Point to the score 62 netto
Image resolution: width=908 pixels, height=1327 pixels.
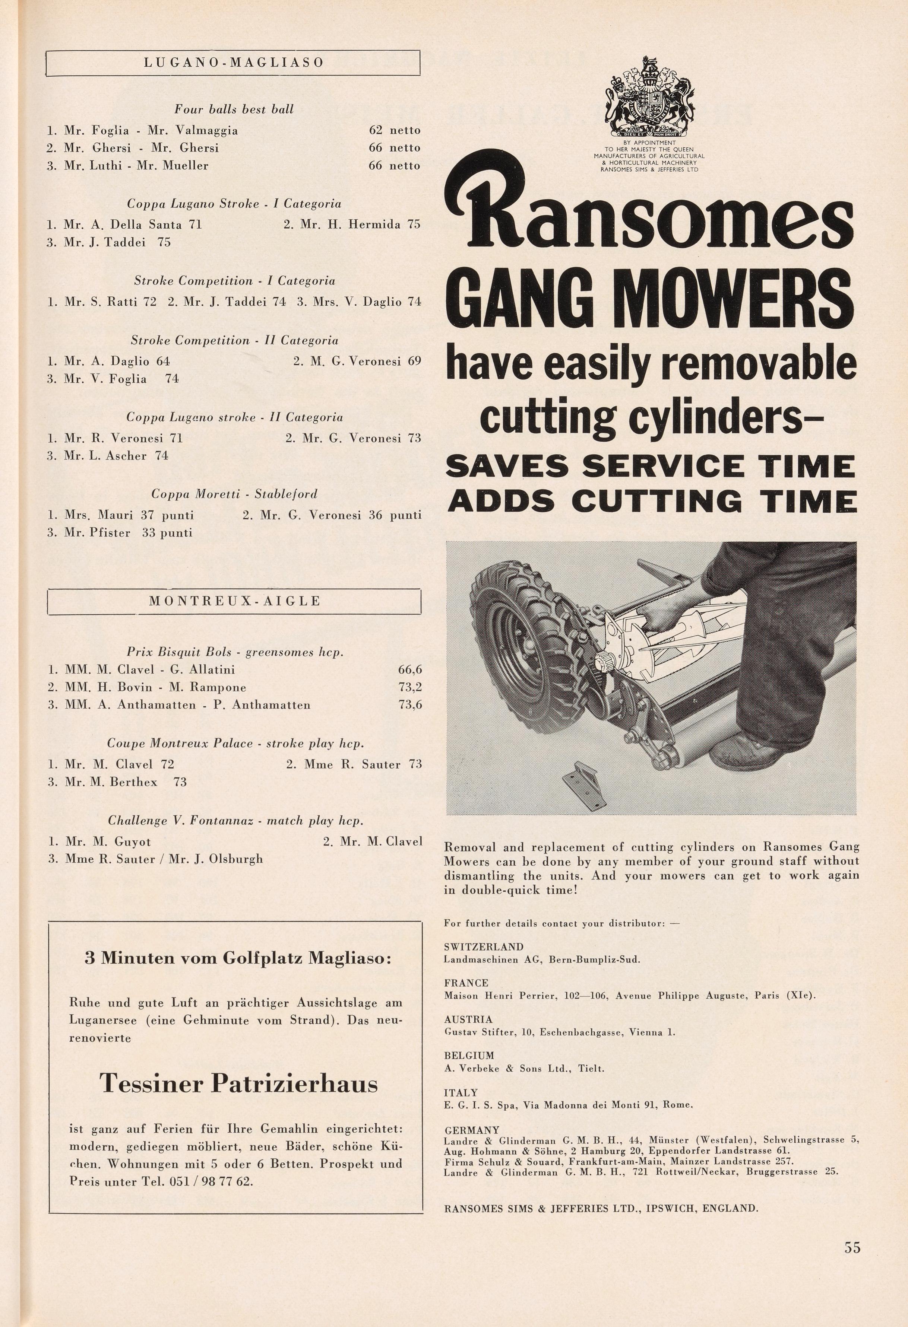pos(394,130)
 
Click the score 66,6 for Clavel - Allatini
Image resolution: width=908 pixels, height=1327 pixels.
pos(410,669)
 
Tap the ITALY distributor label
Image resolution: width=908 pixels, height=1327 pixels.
pos(461,1092)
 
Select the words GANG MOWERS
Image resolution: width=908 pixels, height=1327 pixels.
pos(650,300)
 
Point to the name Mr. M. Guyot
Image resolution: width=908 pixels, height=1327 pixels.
pos(100,841)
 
